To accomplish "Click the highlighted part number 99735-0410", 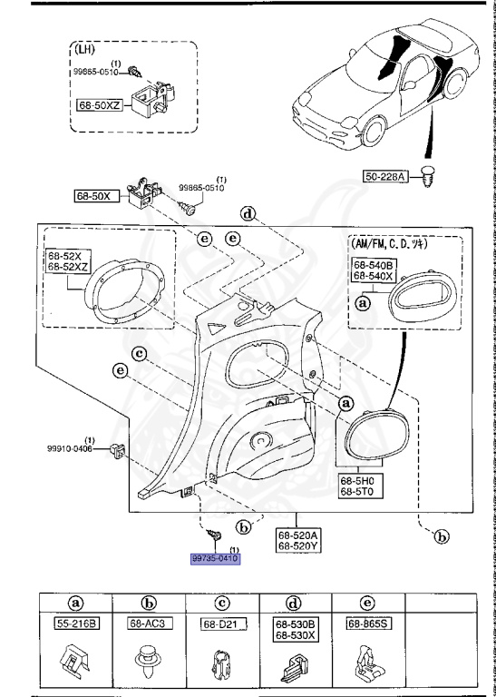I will [x=214, y=560].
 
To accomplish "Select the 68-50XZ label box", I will [x=101, y=106].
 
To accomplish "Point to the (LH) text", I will [x=88, y=52].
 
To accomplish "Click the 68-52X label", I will [x=63, y=258].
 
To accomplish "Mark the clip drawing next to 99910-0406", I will [x=116, y=449].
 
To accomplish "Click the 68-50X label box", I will [x=92, y=194].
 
